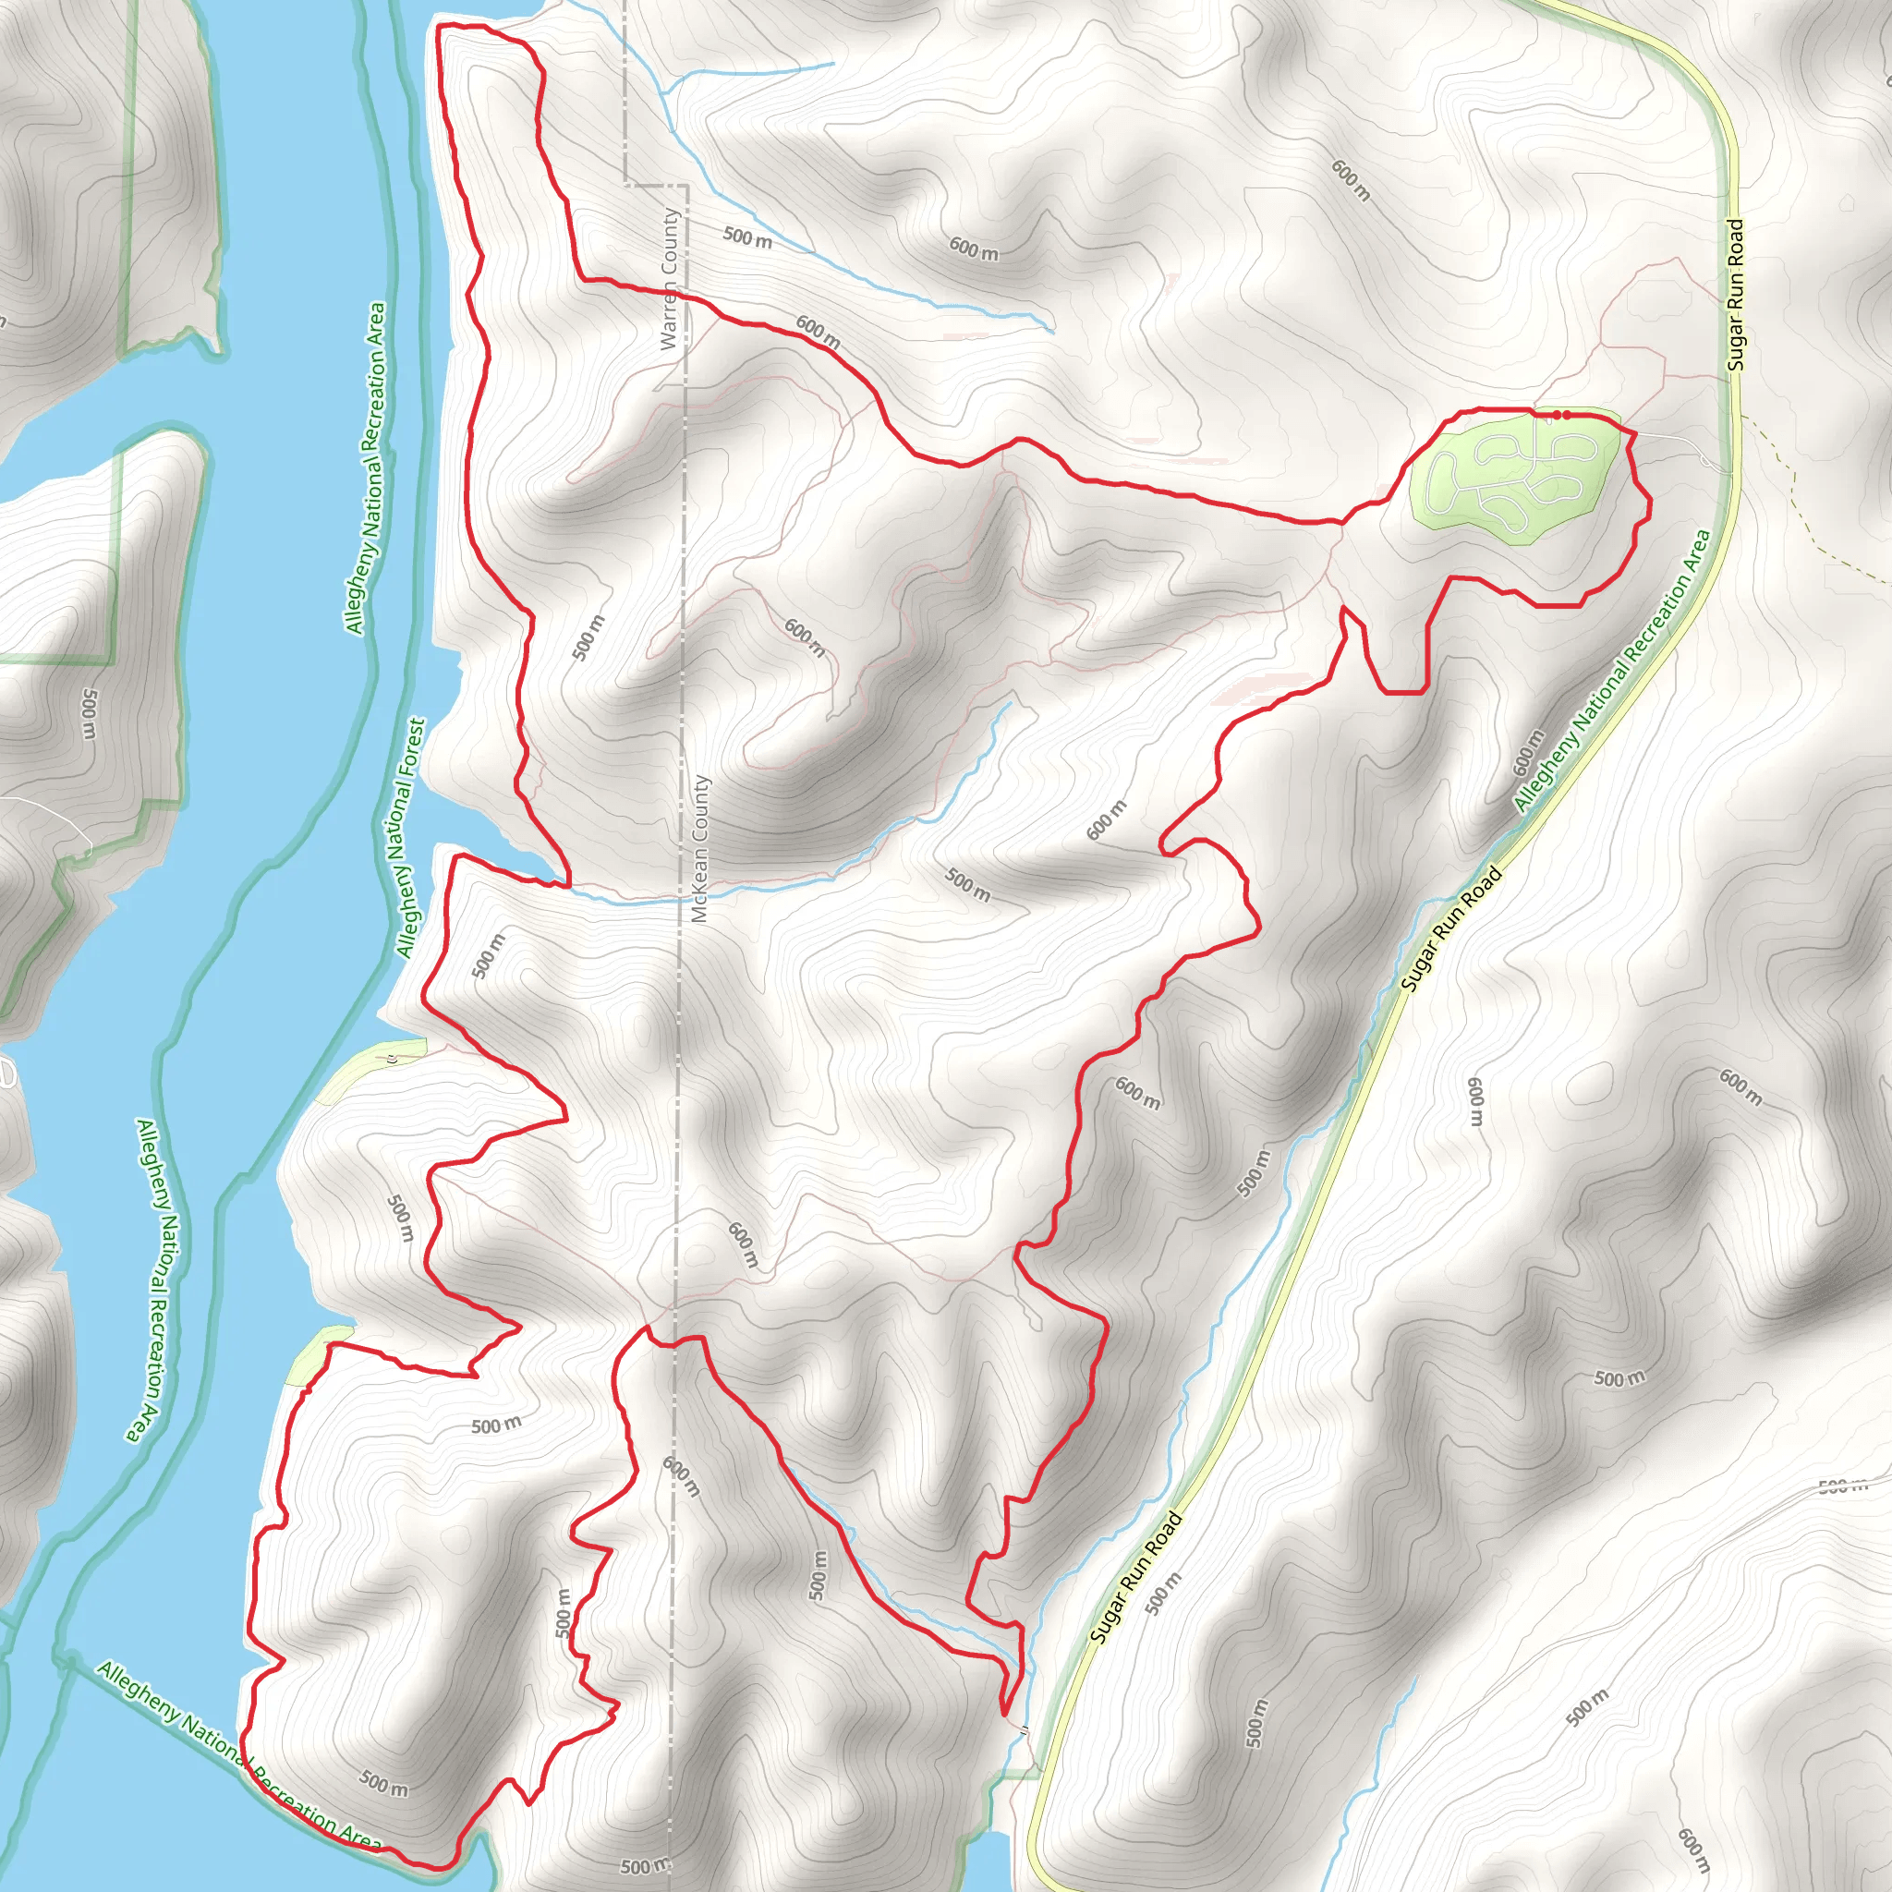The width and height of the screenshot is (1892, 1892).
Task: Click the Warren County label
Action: [x=669, y=279]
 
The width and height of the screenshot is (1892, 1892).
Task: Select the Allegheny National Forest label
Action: [x=411, y=838]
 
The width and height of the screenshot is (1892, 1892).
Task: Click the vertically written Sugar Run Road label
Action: [x=1735, y=294]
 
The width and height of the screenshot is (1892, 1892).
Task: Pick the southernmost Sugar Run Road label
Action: [x=1136, y=1579]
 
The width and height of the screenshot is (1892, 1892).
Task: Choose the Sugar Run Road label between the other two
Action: [x=1450, y=928]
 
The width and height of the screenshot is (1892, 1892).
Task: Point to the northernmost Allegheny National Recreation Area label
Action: [x=364, y=468]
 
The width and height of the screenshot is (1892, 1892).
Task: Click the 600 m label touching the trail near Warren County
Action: [x=818, y=332]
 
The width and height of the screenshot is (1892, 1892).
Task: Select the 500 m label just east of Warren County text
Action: [x=747, y=237]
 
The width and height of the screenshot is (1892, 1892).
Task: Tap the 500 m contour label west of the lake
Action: [x=89, y=714]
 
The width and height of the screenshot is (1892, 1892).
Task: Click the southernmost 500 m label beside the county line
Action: [x=646, y=1865]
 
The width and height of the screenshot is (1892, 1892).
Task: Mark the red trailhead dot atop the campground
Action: [x=1562, y=415]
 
